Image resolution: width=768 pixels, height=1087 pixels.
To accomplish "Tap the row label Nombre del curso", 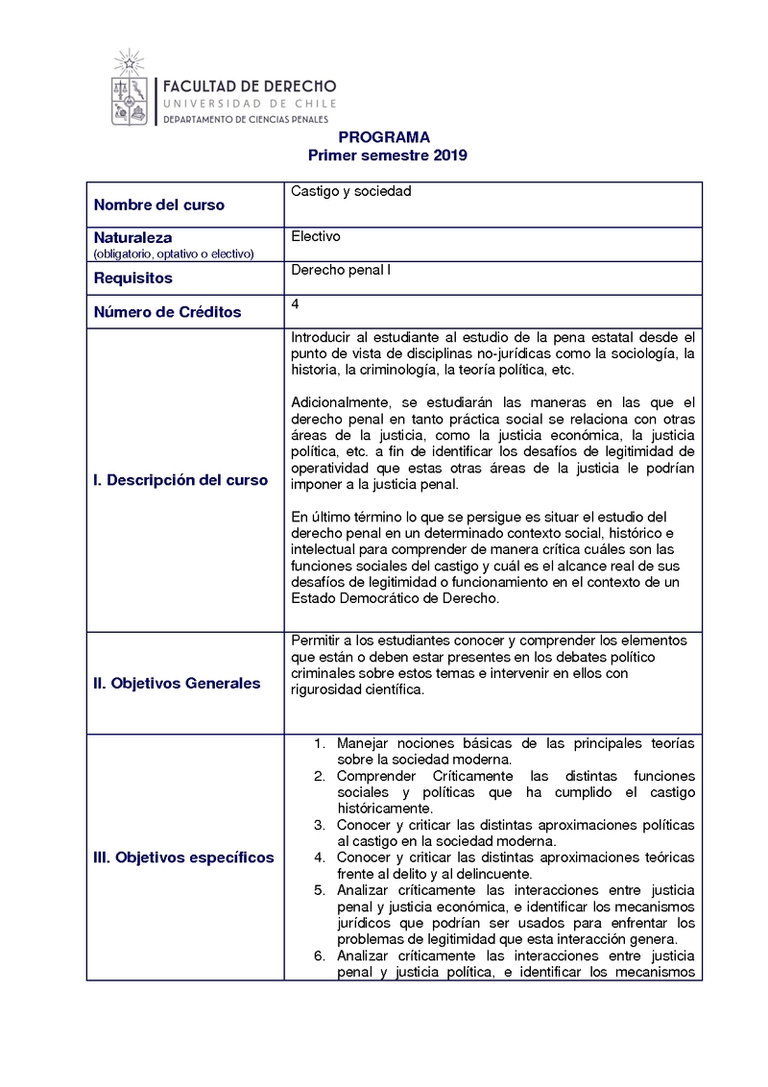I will coord(159,205).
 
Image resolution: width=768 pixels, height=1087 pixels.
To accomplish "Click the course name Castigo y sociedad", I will coord(350,191).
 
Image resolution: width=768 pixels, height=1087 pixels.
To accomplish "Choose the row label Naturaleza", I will coord(133,237).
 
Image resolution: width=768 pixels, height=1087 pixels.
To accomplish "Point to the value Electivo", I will coord(316,236).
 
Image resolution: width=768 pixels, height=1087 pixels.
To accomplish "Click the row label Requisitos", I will coord(133,278).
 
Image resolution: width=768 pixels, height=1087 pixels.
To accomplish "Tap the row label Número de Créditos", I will coord(167,312).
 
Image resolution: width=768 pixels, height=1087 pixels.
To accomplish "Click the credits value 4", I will coord(294,304).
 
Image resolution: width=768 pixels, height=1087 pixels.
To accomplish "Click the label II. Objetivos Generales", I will coord(177,684).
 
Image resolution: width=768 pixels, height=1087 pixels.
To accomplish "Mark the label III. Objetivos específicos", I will coord(183,858).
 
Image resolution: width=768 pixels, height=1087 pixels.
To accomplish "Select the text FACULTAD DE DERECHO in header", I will coord(249,85).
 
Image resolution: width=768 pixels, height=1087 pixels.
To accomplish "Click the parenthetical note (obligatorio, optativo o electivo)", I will coord(173,254).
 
